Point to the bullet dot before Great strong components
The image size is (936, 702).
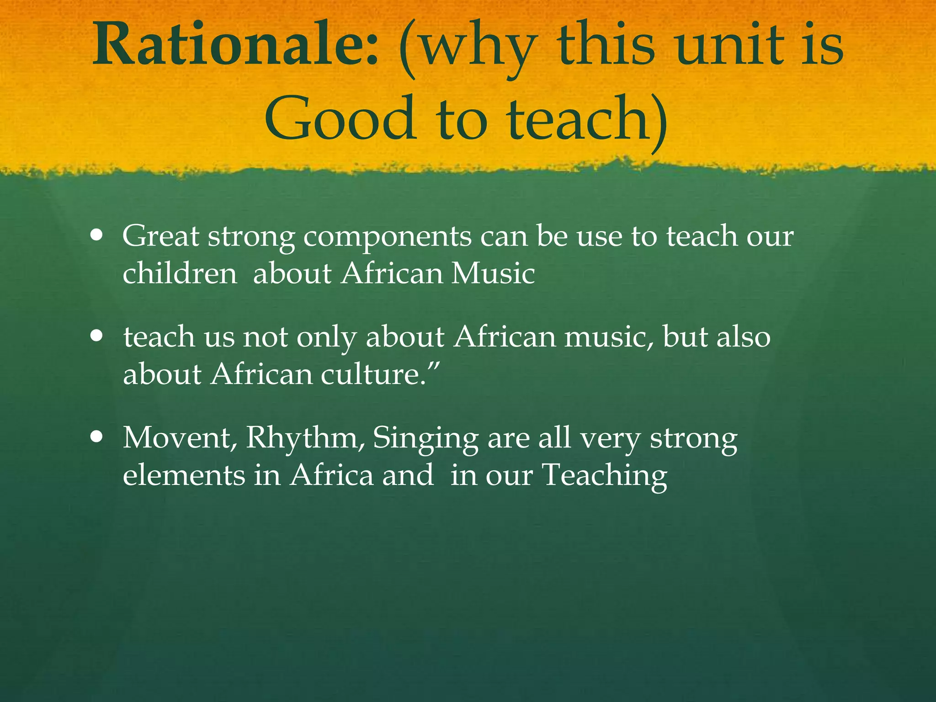[x=96, y=237]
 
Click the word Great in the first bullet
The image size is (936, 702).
[x=160, y=237]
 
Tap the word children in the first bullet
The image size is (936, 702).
[x=180, y=274]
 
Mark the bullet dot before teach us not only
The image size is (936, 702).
[x=96, y=338]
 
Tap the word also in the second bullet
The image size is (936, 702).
[x=743, y=337]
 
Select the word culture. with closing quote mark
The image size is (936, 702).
[x=380, y=375]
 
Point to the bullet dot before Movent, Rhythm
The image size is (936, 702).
[x=96, y=438]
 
